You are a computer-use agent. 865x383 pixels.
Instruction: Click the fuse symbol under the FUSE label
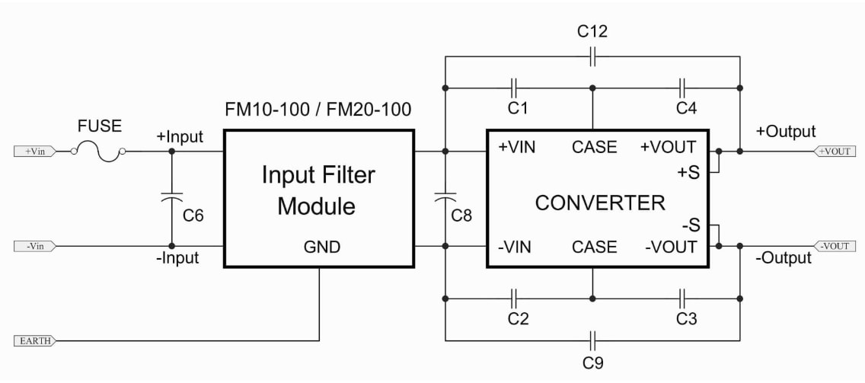tap(99, 152)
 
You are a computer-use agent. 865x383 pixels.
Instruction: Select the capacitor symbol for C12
tap(592, 56)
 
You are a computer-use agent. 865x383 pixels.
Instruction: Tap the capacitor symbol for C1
tap(514, 87)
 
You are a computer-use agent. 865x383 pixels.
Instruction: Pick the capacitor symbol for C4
tap(683, 87)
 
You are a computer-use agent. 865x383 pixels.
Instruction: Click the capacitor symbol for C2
tap(514, 297)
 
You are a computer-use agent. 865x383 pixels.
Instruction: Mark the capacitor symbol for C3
tap(683, 297)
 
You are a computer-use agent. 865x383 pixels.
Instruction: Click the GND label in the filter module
tap(320, 247)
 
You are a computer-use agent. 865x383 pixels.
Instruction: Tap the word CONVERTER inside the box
tap(599, 203)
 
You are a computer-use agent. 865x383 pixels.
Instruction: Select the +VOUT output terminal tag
tap(834, 152)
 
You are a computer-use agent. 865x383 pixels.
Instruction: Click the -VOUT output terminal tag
tap(834, 246)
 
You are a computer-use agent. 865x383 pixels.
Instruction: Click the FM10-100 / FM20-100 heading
tap(318, 110)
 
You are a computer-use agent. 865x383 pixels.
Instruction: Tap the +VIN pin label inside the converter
tap(517, 147)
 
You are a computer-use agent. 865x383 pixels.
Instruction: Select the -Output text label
tap(784, 258)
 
